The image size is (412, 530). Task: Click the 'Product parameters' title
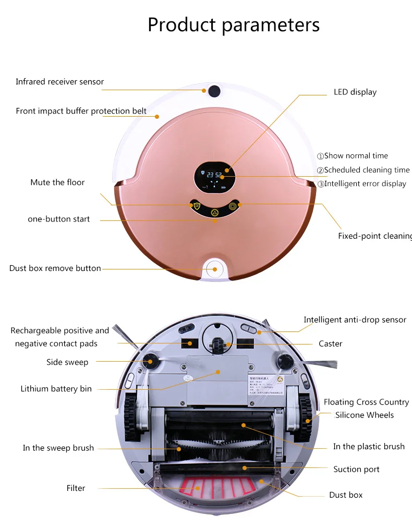click(x=233, y=24)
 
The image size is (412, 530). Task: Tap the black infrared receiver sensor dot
click(x=214, y=92)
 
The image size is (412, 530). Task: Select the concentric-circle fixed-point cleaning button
click(x=233, y=206)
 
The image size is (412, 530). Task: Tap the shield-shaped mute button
click(x=197, y=206)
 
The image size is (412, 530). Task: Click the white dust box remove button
click(x=214, y=268)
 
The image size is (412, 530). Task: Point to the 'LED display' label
click(x=355, y=92)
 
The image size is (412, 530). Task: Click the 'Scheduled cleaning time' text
click(x=366, y=170)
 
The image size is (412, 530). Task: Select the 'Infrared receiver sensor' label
click(x=59, y=82)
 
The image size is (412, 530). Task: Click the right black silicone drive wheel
click(x=304, y=415)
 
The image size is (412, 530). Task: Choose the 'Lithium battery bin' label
click(x=56, y=389)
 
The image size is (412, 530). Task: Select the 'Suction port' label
click(x=356, y=470)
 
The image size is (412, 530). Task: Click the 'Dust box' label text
click(x=345, y=495)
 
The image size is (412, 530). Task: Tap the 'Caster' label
click(x=330, y=344)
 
